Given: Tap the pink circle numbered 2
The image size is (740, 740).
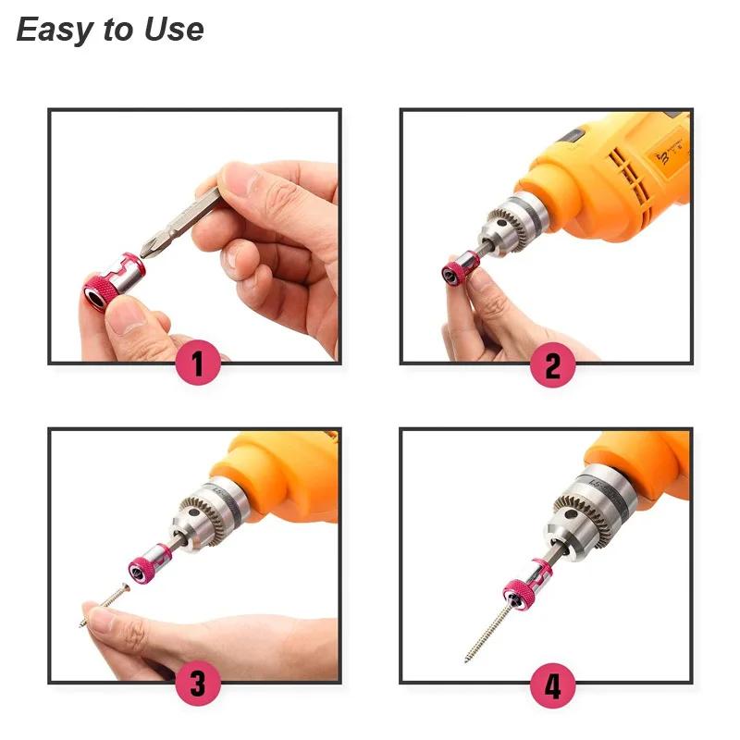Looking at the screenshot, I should click(552, 366).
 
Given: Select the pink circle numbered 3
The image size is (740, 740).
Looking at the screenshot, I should click(197, 685).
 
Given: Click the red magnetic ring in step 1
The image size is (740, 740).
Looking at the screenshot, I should click(115, 281).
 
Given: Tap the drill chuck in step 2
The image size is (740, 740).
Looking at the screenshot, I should click(508, 226).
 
